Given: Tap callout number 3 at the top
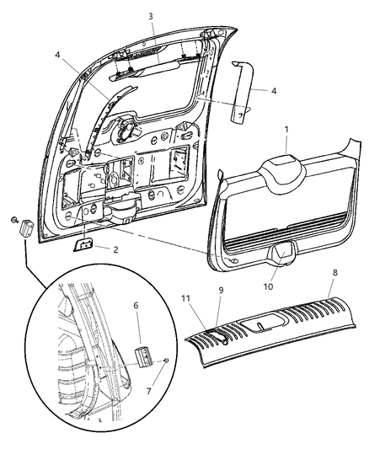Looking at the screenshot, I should coord(150,16).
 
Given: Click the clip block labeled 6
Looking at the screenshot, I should coord(141,352).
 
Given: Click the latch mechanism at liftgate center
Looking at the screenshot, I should coord(131,129).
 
